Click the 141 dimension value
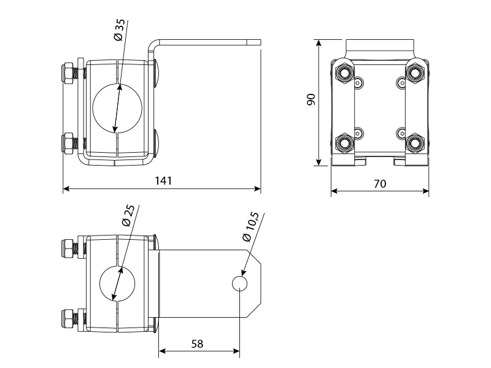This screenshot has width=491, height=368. pos(163,181)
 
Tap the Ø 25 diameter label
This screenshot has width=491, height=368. pos(128,216)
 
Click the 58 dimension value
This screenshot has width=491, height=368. pos(197,343)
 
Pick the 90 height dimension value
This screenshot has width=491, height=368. pos(311,99)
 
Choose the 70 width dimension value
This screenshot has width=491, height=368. pos(380,183)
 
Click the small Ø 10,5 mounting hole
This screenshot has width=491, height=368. pos(239,283)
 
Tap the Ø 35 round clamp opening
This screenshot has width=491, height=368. pos(118,108)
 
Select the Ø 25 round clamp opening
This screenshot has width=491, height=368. pos(117,283)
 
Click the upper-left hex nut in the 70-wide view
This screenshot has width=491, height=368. pos(344,73)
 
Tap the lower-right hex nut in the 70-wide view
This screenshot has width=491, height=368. pos(415,143)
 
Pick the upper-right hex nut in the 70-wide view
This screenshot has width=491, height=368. pos(415,73)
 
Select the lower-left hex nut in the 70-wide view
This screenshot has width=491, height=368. pos(344,143)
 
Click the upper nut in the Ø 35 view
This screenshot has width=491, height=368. pos(68,74)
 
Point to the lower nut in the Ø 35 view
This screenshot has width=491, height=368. pos(68,143)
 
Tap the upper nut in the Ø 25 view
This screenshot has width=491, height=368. pos(68,249)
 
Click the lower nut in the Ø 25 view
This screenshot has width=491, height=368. pos(68,318)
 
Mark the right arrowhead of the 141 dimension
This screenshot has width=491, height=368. pos(258,189)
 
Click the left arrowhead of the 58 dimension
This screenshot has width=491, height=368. pos(162,351)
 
